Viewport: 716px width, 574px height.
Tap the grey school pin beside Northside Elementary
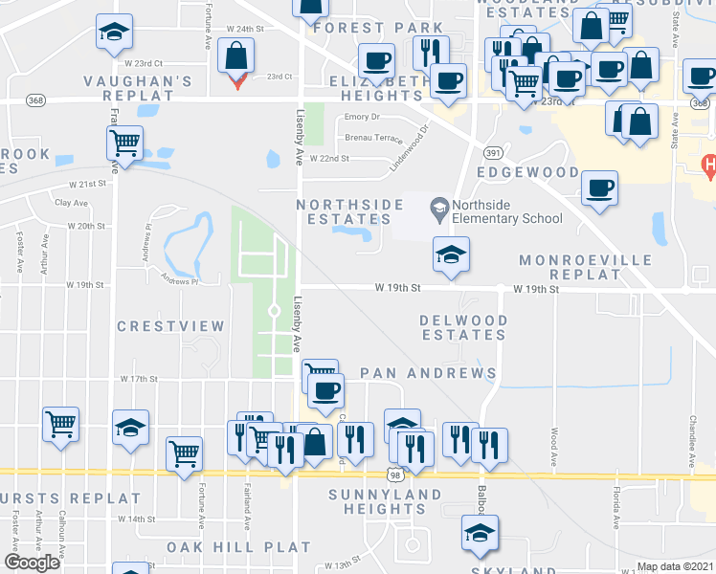click(x=439, y=204)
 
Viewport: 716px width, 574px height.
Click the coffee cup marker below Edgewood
click(x=599, y=188)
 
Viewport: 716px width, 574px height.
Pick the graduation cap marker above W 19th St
click(x=452, y=254)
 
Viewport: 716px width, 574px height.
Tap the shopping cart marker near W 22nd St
click(x=124, y=144)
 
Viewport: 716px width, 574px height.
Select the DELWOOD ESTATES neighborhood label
click(x=463, y=327)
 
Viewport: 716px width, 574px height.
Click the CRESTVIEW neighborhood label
click(x=170, y=326)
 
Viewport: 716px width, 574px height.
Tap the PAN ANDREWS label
click(x=428, y=373)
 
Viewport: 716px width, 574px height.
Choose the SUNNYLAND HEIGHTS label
click(x=385, y=501)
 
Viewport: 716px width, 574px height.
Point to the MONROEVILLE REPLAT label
click(x=585, y=268)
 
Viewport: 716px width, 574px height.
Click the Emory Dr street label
click(x=362, y=118)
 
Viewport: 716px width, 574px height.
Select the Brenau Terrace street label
click(x=373, y=138)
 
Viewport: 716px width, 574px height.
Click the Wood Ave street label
click(x=554, y=443)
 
